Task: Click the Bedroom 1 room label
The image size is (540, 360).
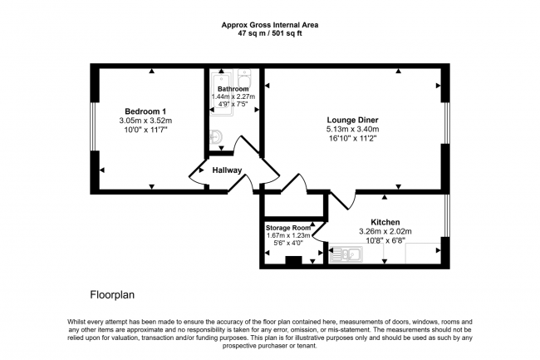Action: pyautogui.click(x=145, y=111)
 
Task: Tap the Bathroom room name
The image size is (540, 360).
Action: pyautogui.click(x=233, y=89)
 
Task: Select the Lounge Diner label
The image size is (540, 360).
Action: pyautogui.click(x=352, y=119)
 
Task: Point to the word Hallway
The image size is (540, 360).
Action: pyautogui.click(x=227, y=170)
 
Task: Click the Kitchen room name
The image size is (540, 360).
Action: pyautogui.click(x=385, y=222)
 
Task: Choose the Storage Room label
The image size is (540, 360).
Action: pyautogui.click(x=287, y=227)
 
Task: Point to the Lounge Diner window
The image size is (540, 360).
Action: pyautogui.click(x=447, y=129)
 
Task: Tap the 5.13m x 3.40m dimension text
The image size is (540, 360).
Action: pyautogui.click(x=352, y=130)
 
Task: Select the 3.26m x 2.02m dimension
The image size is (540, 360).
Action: pyautogui.click(x=385, y=232)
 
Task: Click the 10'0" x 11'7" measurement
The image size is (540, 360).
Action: pyautogui.click(x=145, y=131)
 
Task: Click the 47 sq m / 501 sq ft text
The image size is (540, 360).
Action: pyautogui.click(x=270, y=35)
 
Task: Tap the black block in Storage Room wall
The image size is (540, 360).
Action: pyautogui.click(x=292, y=261)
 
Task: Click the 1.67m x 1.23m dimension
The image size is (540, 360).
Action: pyautogui.click(x=287, y=235)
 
